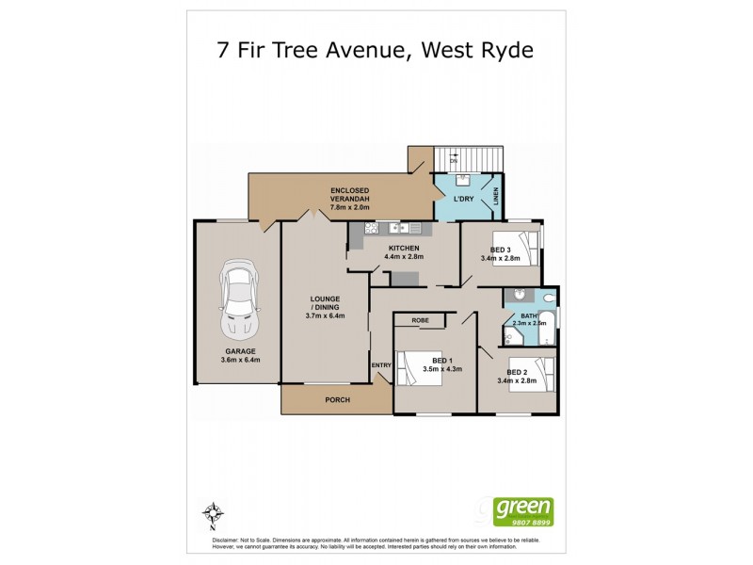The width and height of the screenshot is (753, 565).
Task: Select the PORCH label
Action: coord(337,400)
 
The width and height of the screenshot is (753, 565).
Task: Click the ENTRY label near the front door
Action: coord(381,365)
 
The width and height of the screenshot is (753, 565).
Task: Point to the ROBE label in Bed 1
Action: coord(420,320)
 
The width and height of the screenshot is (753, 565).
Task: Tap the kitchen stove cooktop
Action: coord(370,228)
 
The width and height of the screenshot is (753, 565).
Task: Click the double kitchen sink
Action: coord(406,228)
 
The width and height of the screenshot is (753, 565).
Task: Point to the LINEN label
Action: coord(496,198)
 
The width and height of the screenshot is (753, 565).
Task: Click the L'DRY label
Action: coord(462,201)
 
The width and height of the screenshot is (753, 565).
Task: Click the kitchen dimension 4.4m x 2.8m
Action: coord(404,256)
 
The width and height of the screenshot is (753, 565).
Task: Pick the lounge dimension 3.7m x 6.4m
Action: coord(325,315)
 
